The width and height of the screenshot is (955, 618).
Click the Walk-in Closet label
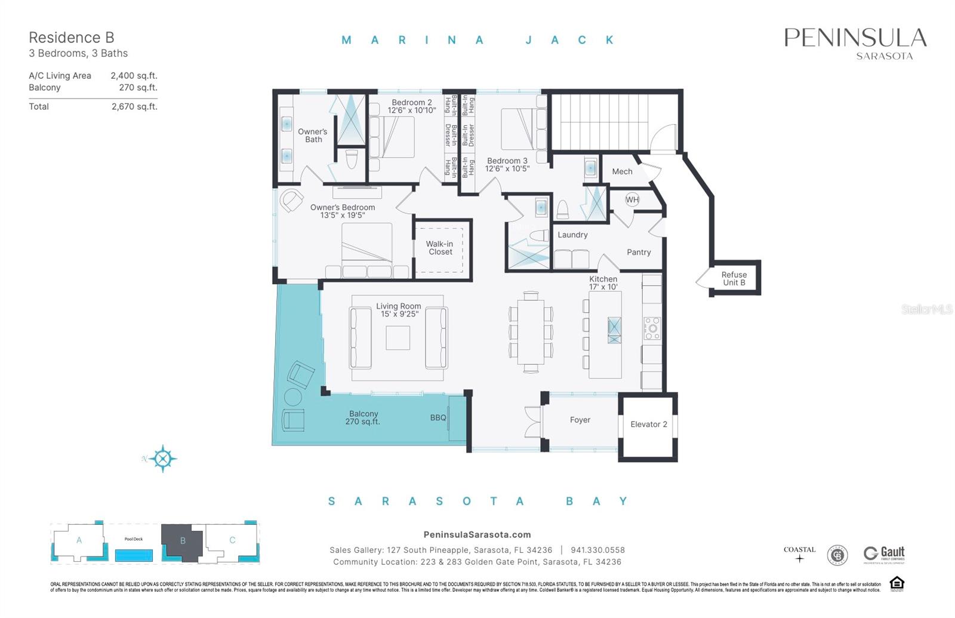pos(440,248)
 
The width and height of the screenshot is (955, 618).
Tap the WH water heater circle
pos(632,200)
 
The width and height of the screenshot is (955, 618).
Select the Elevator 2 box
pos(648,425)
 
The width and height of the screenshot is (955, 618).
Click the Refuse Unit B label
pos(734,279)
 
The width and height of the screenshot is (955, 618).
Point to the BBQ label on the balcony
pos(438,418)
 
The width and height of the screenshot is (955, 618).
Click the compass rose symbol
pos(162,459)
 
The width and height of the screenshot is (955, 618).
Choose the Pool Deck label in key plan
pos(134,539)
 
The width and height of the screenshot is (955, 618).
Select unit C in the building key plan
pos(232,540)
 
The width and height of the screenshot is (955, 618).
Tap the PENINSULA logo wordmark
pos(855,38)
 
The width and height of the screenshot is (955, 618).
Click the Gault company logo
pos(884,555)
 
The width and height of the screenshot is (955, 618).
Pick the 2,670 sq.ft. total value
pos(134,107)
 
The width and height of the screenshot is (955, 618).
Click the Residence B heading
pos(72,38)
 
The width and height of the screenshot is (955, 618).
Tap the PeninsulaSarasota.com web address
pos(477,535)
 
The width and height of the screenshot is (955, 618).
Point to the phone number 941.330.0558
pos(597,551)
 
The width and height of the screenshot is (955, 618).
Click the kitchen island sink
pos(614,330)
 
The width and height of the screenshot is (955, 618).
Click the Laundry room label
pos(572,235)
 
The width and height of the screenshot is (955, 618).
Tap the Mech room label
pos(622,172)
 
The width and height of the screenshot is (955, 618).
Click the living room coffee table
pos(398,338)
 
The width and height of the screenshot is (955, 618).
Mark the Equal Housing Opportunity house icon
pos(897,583)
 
